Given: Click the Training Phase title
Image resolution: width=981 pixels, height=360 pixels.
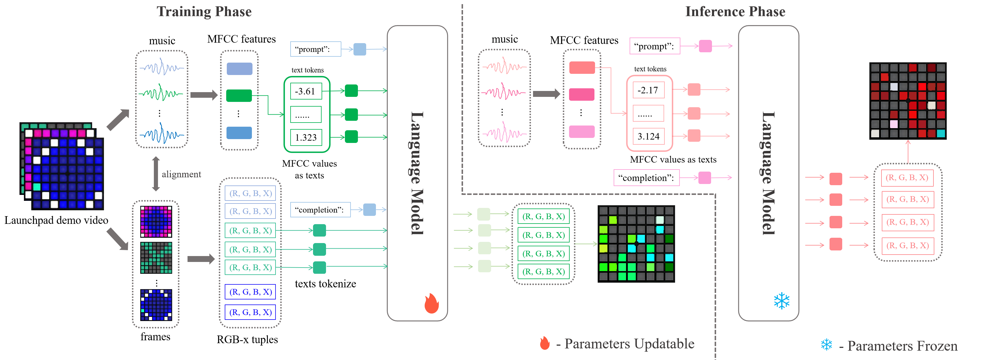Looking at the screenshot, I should pos(204,12).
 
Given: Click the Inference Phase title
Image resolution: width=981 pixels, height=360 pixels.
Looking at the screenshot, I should pos(735,12).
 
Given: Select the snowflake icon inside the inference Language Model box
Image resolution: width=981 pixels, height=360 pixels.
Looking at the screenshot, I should pos(781,301).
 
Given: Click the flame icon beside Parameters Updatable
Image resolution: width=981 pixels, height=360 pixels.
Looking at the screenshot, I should pos(545,343).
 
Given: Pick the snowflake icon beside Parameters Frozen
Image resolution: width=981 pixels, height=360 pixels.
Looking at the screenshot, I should pos(826,345).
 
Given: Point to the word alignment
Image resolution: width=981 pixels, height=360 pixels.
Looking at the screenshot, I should pos(181,174).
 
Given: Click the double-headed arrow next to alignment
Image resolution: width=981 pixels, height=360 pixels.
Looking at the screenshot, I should pos(156,174).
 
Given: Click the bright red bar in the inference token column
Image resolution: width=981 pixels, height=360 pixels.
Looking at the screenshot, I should pos(582,67).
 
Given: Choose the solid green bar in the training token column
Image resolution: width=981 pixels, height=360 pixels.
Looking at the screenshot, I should pos(239,96).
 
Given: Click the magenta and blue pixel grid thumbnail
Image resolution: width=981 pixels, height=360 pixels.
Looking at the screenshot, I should pos(156,221).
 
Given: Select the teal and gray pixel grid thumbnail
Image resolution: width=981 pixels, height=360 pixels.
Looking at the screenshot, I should pos(156,258).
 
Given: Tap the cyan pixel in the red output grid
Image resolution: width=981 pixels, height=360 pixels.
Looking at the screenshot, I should pos(941,133).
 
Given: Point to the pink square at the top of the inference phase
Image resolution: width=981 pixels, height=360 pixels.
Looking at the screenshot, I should pos(705,46).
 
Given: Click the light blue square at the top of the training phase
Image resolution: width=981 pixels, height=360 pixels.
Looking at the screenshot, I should pos(359,49).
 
